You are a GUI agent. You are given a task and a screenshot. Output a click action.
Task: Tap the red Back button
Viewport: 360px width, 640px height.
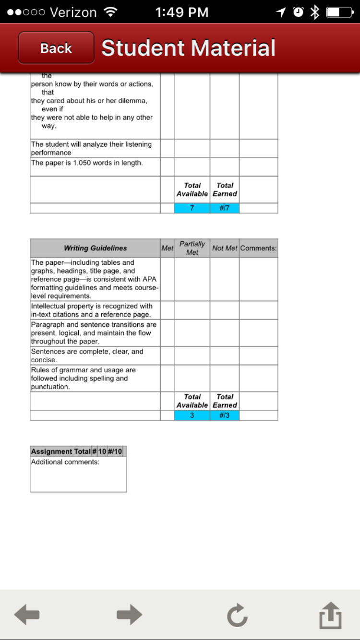(x=56, y=48)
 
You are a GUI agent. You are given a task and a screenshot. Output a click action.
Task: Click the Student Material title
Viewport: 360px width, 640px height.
(x=189, y=48)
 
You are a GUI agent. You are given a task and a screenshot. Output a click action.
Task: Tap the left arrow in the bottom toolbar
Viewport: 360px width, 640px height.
(x=27, y=615)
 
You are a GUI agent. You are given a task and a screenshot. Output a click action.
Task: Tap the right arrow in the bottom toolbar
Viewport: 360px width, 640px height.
(x=129, y=615)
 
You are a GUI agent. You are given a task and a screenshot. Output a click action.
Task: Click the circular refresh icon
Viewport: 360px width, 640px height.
(x=237, y=615)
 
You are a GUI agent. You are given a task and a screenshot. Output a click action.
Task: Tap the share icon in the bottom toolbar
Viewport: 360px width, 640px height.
(x=330, y=615)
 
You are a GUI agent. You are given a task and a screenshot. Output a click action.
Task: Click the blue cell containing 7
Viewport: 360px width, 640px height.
(x=192, y=208)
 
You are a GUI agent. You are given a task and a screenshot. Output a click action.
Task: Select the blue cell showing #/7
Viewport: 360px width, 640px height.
(x=225, y=208)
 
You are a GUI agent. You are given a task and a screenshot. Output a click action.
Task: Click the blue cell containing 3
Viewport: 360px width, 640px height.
(x=192, y=415)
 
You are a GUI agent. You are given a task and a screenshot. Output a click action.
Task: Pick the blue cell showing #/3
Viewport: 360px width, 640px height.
(x=225, y=415)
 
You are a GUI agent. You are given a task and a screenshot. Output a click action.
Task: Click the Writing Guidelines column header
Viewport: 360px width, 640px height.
(x=95, y=248)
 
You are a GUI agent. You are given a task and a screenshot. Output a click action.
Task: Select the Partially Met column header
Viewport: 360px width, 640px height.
(x=192, y=248)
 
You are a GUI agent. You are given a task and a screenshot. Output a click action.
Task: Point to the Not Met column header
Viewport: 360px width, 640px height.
(x=225, y=248)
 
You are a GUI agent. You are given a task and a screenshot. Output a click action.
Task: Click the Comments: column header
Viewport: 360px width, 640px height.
(x=258, y=248)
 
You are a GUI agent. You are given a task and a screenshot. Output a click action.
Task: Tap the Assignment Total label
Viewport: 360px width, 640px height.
(x=60, y=451)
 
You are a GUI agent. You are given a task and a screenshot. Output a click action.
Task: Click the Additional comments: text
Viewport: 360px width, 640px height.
(x=65, y=462)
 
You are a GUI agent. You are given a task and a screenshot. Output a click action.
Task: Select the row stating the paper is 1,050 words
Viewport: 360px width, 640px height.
(x=87, y=163)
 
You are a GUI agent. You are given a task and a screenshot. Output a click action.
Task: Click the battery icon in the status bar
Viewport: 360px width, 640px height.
(x=339, y=12)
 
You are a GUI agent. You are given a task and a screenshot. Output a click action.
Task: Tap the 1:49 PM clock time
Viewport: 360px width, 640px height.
(x=182, y=12)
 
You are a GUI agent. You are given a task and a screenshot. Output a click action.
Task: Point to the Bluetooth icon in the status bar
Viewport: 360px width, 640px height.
(x=314, y=12)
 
